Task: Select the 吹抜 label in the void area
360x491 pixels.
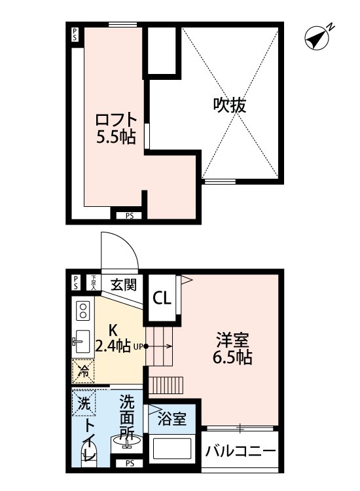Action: click(x=230, y=105)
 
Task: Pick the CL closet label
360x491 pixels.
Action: click(x=162, y=299)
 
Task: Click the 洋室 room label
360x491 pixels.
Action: click(x=233, y=340)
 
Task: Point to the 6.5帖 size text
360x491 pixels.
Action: click(x=234, y=358)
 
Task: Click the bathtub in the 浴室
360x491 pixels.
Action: click(x=173, y=449)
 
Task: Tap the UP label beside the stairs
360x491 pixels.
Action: click(x=138, y=347)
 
